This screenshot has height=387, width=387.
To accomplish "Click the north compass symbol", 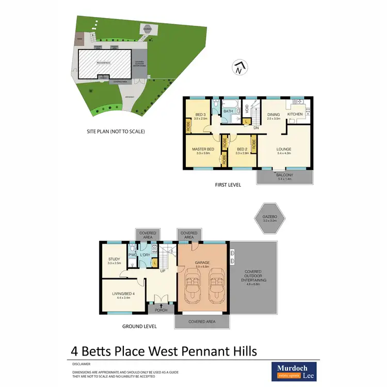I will click(238, 68).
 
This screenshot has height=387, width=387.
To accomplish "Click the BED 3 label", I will click(200, 115).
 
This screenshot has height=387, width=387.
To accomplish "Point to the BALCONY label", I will click(285, 175).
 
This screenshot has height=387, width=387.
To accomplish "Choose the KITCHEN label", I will click(295, 114).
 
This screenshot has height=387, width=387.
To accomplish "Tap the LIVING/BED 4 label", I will click(123, 294).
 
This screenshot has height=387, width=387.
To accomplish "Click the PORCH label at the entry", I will click(157, 311).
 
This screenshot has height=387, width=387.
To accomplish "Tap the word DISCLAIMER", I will click(81, 363).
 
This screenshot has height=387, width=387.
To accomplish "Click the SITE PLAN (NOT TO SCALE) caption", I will click(116, 132).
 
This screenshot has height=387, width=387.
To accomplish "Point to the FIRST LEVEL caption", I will click(228, 184).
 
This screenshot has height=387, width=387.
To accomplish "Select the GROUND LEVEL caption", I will click(139, 326).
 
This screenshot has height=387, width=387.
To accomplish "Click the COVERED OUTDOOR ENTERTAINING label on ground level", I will click(252, 278).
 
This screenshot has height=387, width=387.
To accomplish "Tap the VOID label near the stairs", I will click(247, 109).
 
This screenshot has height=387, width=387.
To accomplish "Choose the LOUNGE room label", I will click(284, 149).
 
